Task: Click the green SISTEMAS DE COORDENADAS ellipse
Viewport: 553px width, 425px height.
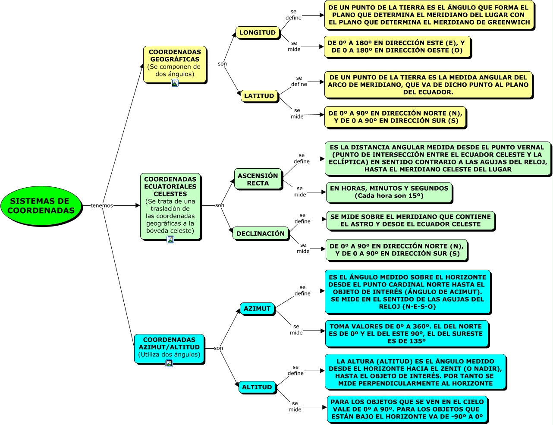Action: [x=41, y=206]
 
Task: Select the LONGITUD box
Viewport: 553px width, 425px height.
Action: [x=257, y=32]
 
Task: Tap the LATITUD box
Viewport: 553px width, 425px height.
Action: [x=259, y=96]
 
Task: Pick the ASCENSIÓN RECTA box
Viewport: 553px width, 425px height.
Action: [x=258, y=179]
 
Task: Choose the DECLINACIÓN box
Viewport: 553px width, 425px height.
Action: [x=260, y=233]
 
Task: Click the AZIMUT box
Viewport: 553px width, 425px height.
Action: [x=257, y=309]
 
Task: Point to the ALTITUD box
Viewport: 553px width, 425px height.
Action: [x=257, y=387]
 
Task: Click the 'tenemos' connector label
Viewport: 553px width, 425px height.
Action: [x=102, y=206]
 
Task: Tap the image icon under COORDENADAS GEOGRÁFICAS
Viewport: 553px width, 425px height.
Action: [x=175, y=83]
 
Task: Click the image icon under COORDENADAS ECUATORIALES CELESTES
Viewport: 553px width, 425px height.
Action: [x=170, y=239]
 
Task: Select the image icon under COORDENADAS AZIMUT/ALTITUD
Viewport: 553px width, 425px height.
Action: [x=169, y=363]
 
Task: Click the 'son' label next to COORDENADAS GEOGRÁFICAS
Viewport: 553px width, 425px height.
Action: [x=222, y=64]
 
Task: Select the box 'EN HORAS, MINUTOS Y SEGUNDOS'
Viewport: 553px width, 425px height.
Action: [x=389, y=192]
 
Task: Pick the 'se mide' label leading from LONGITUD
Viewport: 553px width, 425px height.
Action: [x=294, y=46]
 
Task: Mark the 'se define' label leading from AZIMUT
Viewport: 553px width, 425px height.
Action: [x=302, y=290]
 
